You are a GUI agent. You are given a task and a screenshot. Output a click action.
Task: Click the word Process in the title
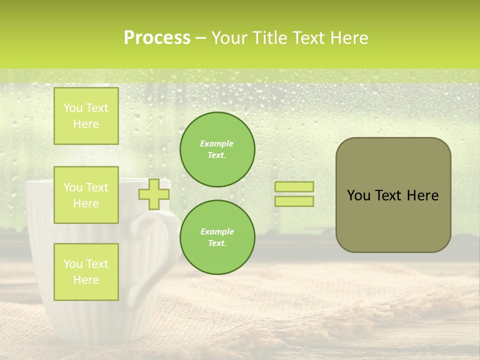point(157,38)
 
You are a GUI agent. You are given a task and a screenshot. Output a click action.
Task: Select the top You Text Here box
point(86,116)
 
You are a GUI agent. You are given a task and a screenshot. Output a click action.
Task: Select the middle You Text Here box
point(86,195)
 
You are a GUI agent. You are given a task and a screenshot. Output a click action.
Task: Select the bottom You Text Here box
point(86,271)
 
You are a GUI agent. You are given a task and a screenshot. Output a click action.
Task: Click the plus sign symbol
point(153,194)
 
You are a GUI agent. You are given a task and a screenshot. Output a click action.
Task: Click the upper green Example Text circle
point(217,149)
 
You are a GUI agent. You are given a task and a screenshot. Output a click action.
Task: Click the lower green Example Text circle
point(217,237)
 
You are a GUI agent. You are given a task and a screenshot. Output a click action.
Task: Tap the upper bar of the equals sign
point(294,187)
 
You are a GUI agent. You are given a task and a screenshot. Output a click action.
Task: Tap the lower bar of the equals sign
point(294,201)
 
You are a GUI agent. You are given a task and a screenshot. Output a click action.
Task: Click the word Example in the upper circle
point(217,143)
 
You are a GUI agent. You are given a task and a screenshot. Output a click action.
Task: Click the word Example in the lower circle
point(217,231)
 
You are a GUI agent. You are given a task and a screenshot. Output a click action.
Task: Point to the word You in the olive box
point(358,195)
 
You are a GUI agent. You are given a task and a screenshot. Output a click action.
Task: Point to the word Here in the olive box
point(422,195)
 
